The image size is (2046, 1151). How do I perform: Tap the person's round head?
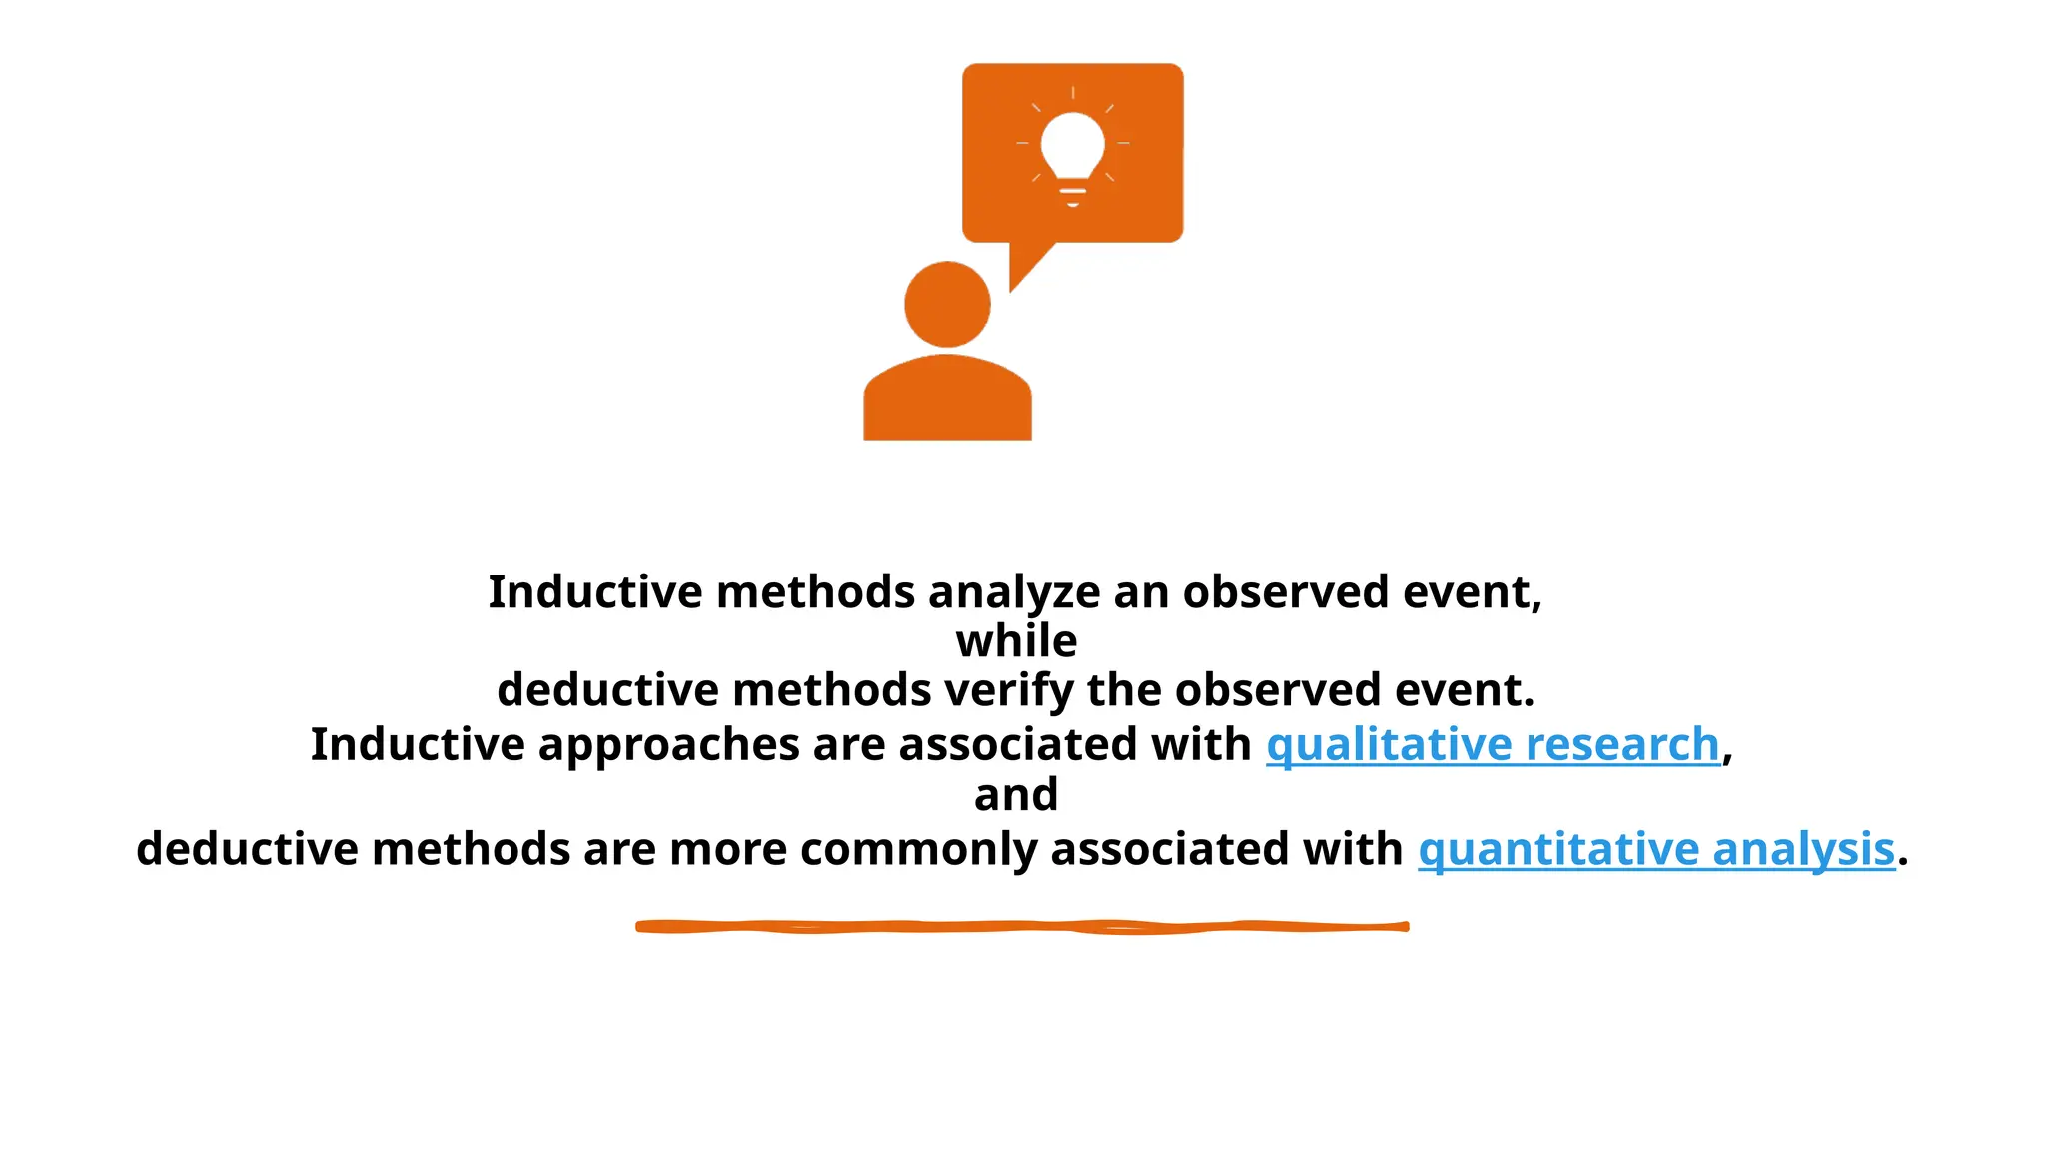coord(947,304)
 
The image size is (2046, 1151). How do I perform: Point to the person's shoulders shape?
coord(947,400)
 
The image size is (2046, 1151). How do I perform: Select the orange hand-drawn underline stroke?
coord(1022,927)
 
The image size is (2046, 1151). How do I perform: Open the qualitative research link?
coord(1493,745)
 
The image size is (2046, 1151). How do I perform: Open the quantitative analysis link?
coord(1656,850)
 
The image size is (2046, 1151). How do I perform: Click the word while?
coord(1016,641)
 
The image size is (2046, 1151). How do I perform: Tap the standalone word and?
coord(1016,795)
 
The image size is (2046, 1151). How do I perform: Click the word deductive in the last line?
coord(247,850)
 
